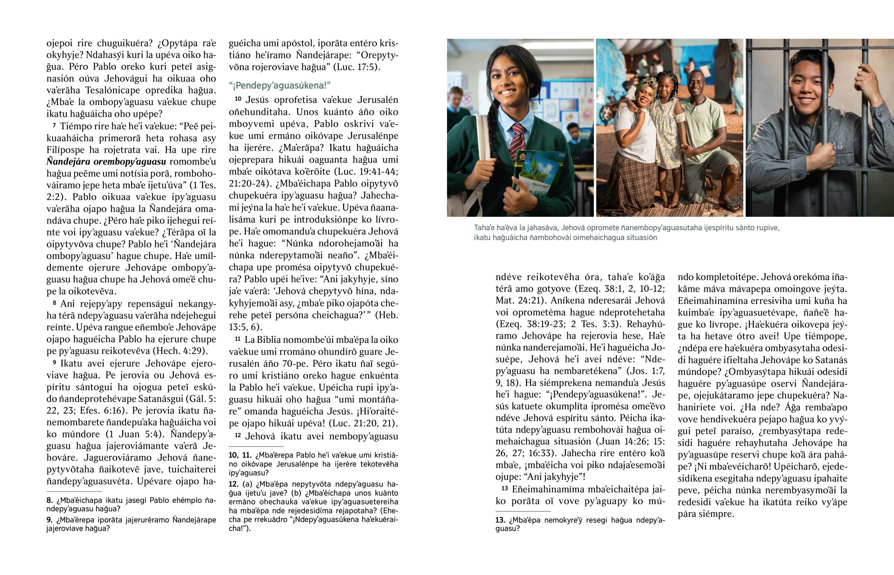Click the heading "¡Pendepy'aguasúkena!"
pyautogui.click(x=279, y=85)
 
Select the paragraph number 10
pyautogui.click(x=238, y=99)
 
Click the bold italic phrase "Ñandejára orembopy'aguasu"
pyautogui.click(x=106, y=162)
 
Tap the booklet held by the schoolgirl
pyautogui.click(x=537, y=172)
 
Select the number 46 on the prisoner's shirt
pyautogui.click(x=837, y=146)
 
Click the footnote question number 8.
pyautogui.click(x=49, y=500)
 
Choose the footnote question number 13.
pyautogui.click(x=500, y=520)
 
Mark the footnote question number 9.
pyautogui.click(x=49, y=520)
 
